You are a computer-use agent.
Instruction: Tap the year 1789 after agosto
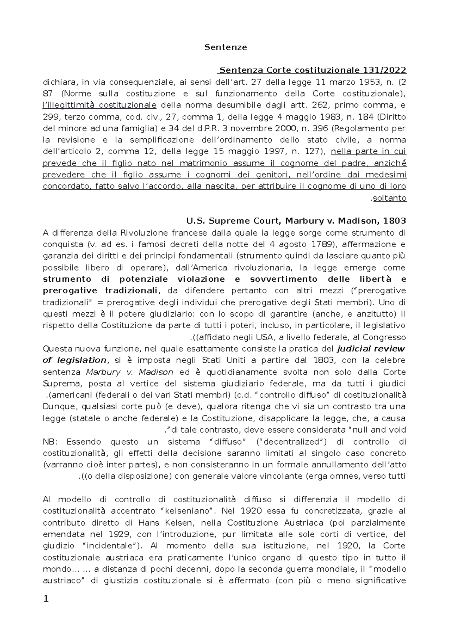coord(319,244)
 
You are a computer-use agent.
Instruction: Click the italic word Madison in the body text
coord(156,372)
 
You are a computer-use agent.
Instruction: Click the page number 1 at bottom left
coord(46,599)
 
